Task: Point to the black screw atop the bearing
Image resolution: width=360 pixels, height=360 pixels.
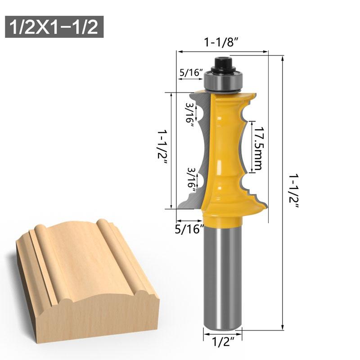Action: (x=222, y=63)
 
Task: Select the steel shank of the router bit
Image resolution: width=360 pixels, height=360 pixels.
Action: (x=223, y=279)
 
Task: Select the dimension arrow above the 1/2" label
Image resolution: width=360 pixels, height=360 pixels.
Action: (x=223, y=333)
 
